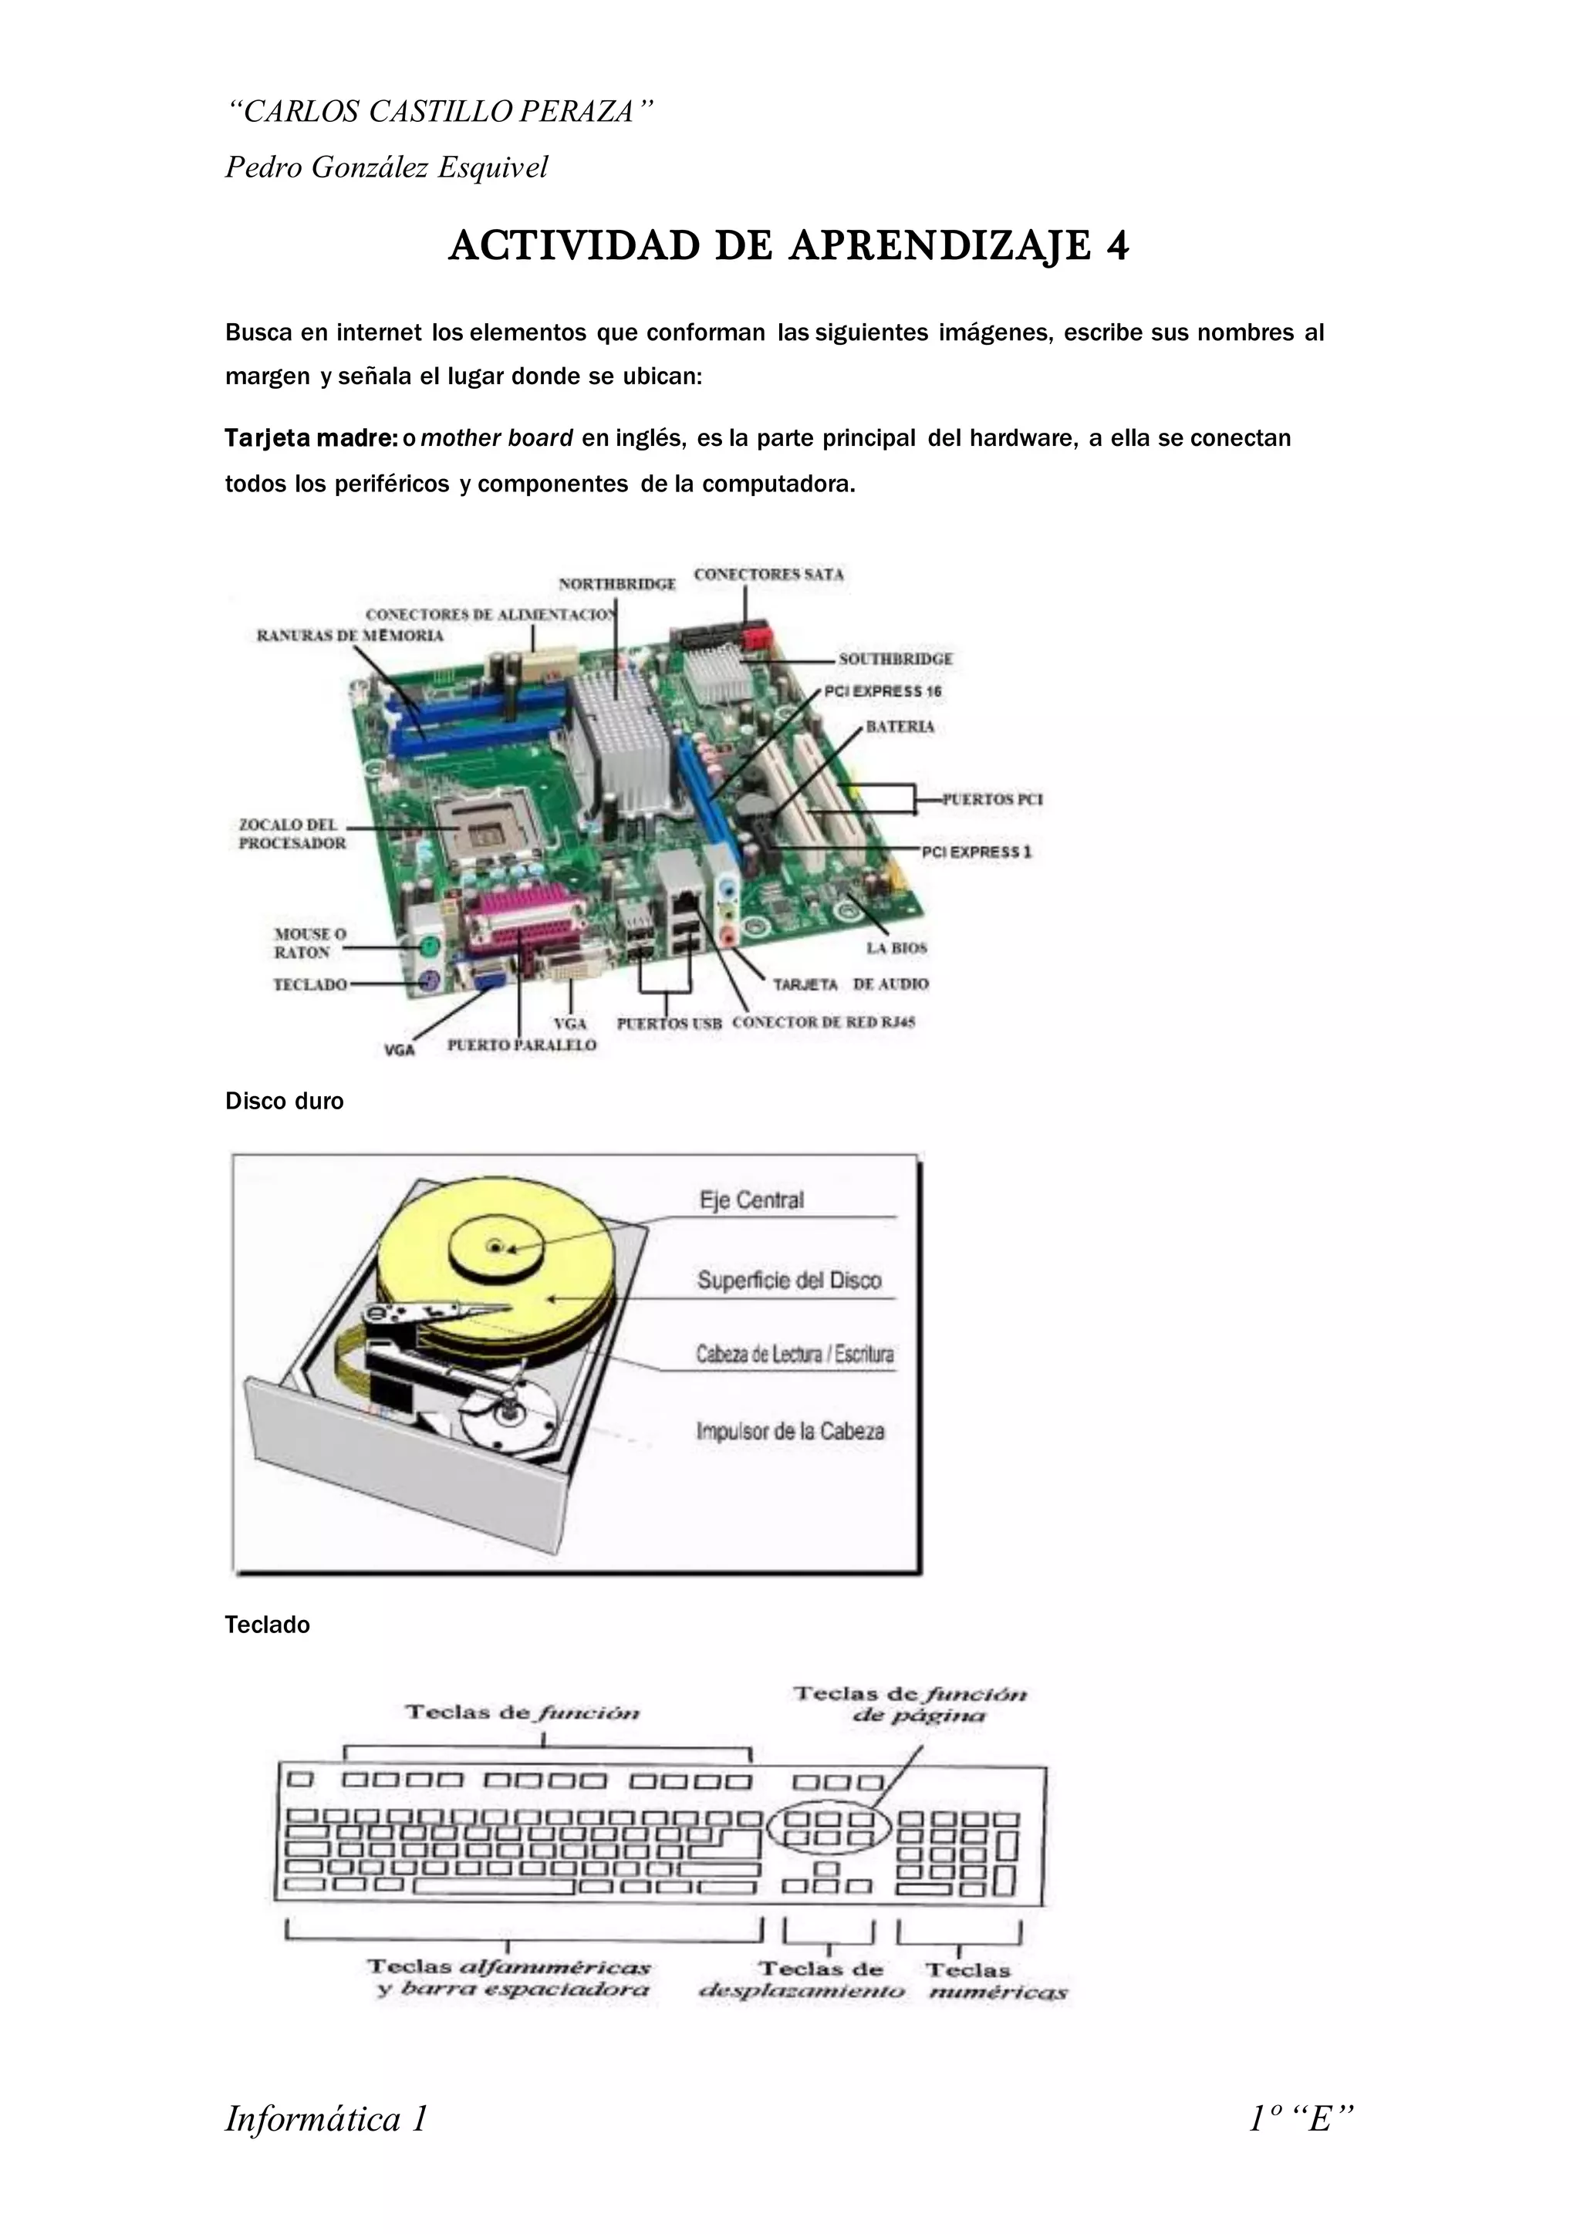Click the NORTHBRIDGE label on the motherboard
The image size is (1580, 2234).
click(617, 584)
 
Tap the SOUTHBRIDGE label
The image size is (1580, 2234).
click(895, 659)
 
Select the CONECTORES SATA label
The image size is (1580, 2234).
click(768, 574)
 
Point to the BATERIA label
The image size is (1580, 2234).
click(900, 727)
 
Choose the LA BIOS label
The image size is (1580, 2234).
click(896, 948)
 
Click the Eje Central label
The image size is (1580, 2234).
click(751, 1200)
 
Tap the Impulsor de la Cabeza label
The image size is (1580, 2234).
click(790, 1431)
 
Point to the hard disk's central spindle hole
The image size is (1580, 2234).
click(495, 1245)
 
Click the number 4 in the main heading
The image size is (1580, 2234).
click(1117, 246)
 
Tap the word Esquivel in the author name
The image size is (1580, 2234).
click(492, 167)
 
